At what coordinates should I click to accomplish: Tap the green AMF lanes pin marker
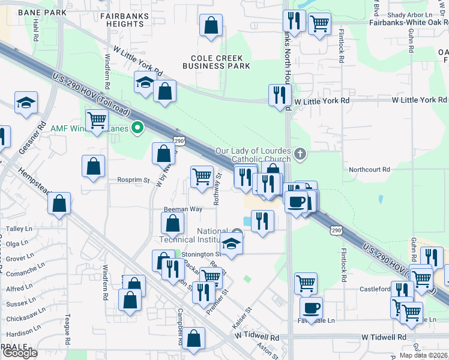137,127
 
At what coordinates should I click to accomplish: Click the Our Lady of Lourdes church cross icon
300,154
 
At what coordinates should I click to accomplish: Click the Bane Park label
42,12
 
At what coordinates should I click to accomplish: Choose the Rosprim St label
133,179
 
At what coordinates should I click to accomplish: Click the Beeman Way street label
183,209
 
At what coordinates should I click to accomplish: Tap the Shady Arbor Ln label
406,14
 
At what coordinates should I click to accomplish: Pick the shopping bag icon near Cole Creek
211,25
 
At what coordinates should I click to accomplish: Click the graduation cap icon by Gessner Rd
26,103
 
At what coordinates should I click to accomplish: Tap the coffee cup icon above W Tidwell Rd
311,308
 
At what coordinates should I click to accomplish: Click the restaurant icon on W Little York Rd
280,94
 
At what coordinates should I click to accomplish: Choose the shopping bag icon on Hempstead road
59,204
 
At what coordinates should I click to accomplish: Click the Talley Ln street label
19,229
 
